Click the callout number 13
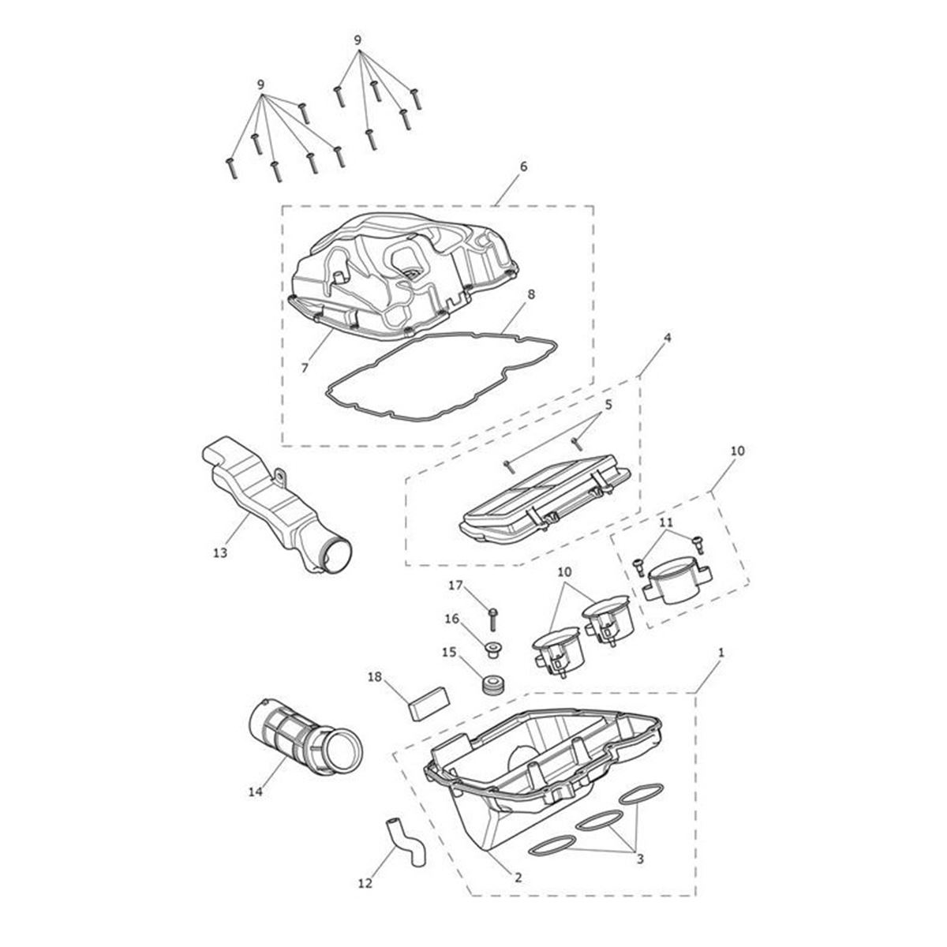(x=220, y=553)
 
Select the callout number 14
(x=256, y=792)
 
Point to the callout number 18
(x=375, y=676)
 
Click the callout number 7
(x=305, y=368)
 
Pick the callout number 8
(x=523, y=166)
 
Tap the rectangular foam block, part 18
(x=429, y=703)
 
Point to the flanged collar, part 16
(x=494, y=650)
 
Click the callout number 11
(x=665, y=522)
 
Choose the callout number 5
(x=608, y=405)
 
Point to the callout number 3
(x=640, y=859)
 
